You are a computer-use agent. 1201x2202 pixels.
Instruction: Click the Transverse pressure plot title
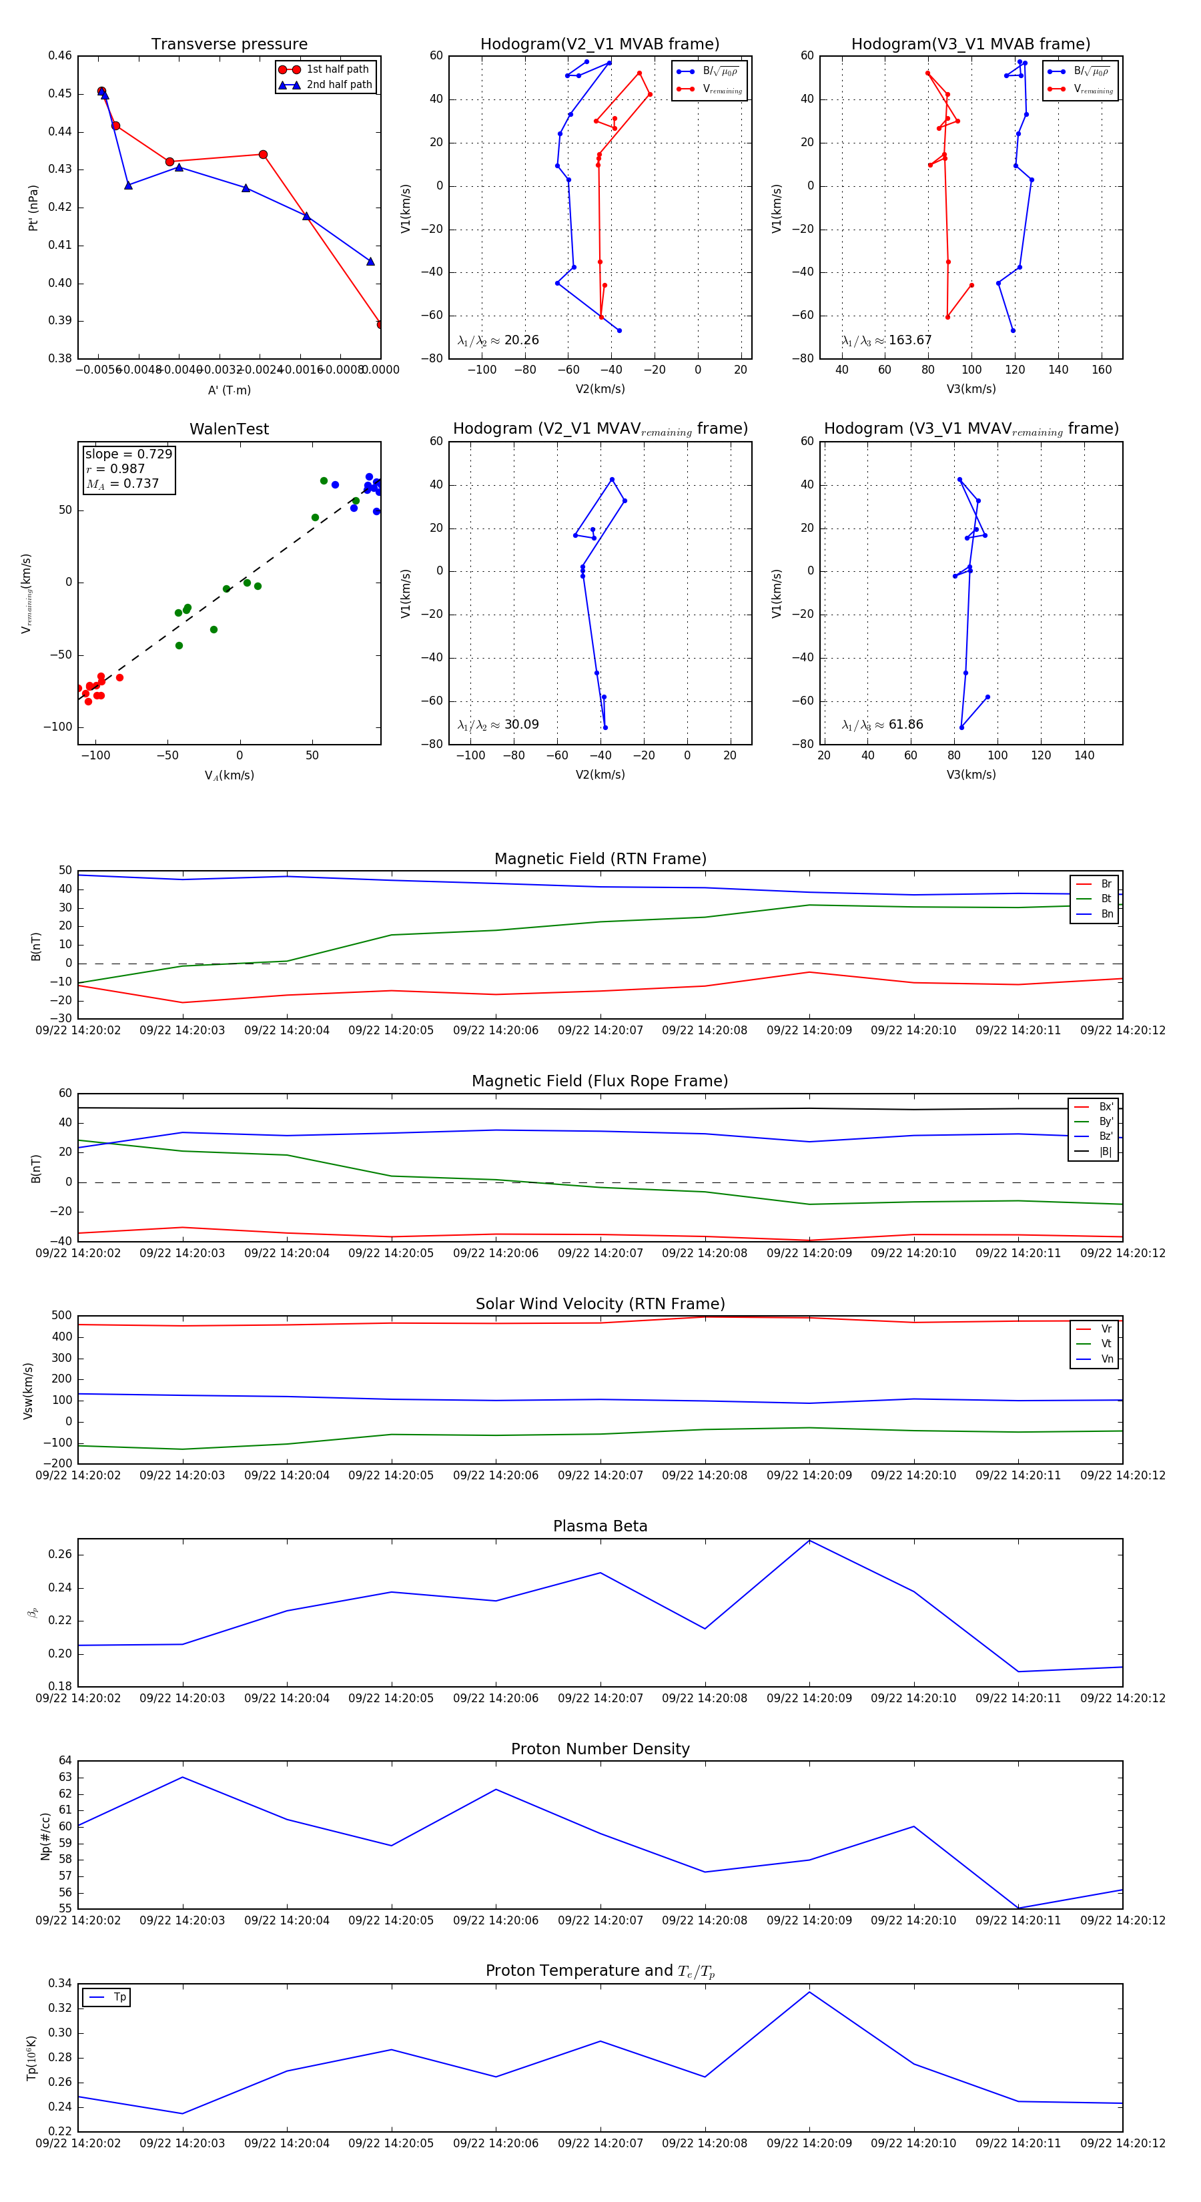[229, 45]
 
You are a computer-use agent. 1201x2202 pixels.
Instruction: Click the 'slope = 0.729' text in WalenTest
[128, 454]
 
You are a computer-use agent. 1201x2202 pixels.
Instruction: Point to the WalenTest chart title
[229, 429]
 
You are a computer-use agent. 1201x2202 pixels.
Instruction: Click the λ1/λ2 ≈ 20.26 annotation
[498, 340]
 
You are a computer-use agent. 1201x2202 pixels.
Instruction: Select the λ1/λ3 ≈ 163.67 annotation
[887, 340]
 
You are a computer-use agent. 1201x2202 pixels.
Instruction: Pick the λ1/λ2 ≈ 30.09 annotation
[498, 725]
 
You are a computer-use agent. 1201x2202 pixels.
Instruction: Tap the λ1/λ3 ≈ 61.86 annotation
[882, 725]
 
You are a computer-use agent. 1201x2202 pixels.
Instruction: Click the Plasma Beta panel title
[600, 1526]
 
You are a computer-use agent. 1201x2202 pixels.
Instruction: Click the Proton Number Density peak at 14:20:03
[182, 1777]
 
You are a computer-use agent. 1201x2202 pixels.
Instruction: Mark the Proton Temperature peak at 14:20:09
[809, 1992]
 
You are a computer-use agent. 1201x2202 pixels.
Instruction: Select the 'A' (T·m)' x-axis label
[229, 390]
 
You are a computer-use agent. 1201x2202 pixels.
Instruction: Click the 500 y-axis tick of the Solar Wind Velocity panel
[61, 1316]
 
